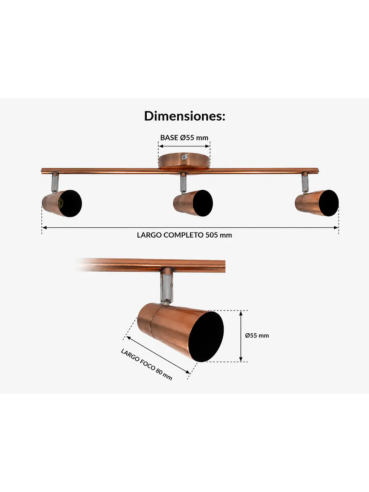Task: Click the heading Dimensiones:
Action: pos(185,116)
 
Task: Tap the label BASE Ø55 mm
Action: pos(184,138)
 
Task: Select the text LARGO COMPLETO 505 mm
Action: pos(184,235)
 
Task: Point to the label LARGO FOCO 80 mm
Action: pos(147,364)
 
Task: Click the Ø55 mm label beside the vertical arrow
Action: pos(257,335)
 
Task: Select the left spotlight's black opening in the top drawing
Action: pos(70,203)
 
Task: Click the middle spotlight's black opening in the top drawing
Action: pos(203,203)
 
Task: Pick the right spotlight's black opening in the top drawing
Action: pos(328,203)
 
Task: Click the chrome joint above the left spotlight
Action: pos(54,181)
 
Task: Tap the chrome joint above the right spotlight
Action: pos(305,182)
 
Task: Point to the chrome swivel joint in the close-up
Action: pos(166,286)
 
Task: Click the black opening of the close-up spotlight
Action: pos(207,337)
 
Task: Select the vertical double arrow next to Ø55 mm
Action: pos(241,336)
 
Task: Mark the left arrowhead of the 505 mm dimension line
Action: pos(44,227)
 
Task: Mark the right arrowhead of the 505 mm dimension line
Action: pos(336,227)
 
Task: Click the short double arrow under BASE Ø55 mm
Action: pos(184,146)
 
